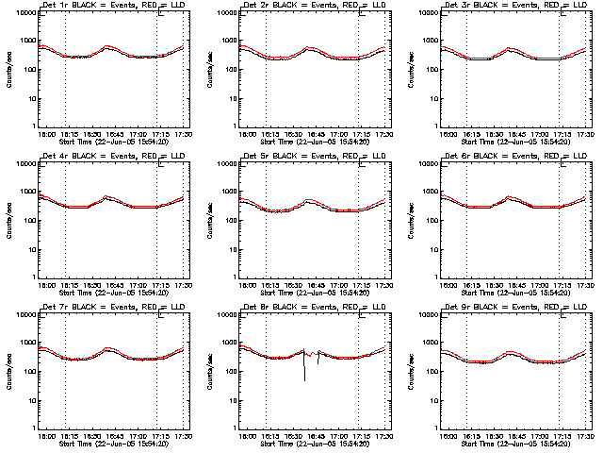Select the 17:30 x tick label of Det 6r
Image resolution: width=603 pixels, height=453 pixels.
[581, 286]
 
